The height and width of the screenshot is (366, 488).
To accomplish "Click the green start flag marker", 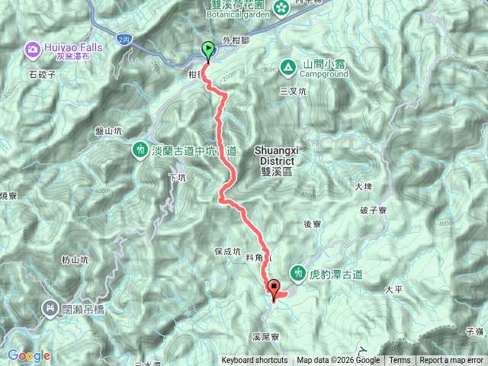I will click(208, 50).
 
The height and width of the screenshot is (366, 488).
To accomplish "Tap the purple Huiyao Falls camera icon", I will click(33, 50).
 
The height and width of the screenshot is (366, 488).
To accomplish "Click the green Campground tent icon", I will click(288, 66).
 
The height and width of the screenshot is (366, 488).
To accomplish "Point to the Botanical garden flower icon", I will click(281, 8).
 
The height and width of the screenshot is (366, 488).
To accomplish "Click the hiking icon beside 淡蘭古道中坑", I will click(140, 149).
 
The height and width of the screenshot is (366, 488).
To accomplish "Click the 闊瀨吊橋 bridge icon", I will click(50, 308).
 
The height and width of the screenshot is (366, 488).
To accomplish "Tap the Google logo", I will click(29, 355).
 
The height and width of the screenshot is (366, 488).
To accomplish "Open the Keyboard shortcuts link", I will click(255, 361).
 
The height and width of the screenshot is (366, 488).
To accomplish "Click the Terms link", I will click(400, 361).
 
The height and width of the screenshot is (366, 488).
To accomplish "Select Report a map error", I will click(451, 361).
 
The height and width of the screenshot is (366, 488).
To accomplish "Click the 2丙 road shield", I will click(124, 37).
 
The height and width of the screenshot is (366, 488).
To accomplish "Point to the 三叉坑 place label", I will click(293, 91).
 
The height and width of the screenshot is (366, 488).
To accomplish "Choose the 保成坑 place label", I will click(227, 250).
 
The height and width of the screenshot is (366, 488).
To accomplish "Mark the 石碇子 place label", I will click(43, 74).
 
